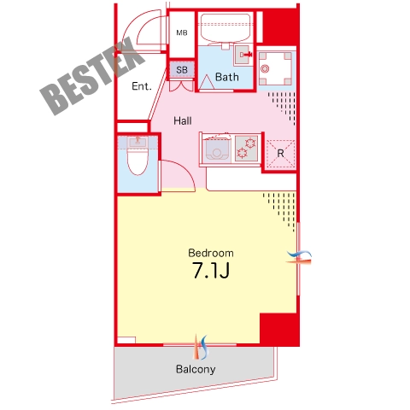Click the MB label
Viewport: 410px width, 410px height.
click(182, 32)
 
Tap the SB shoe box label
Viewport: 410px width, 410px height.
click(182, 70)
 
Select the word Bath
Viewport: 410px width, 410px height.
click(227, 77)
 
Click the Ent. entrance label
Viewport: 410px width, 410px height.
click(142, 86)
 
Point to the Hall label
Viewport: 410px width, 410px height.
click(183, 120)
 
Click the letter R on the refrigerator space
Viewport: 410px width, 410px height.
click(280, 154)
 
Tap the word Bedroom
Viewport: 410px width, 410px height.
click(211, 253)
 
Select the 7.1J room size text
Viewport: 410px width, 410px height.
click(211, 270)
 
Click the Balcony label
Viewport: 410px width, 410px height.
click(196, 369)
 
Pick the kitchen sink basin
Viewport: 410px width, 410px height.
click(218, 151)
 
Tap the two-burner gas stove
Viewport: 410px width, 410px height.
click(247, 148)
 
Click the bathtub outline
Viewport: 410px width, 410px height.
click(225, 28)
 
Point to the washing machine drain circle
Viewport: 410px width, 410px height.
click(265, 68)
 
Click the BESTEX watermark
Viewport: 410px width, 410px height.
click(92, 76)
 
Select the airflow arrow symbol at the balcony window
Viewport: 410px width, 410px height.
click(201, 347)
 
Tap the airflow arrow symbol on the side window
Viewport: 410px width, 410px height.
click(299, 256)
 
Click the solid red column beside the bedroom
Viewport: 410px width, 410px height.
click(279, 330)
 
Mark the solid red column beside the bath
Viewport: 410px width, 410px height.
click(281, 27)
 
